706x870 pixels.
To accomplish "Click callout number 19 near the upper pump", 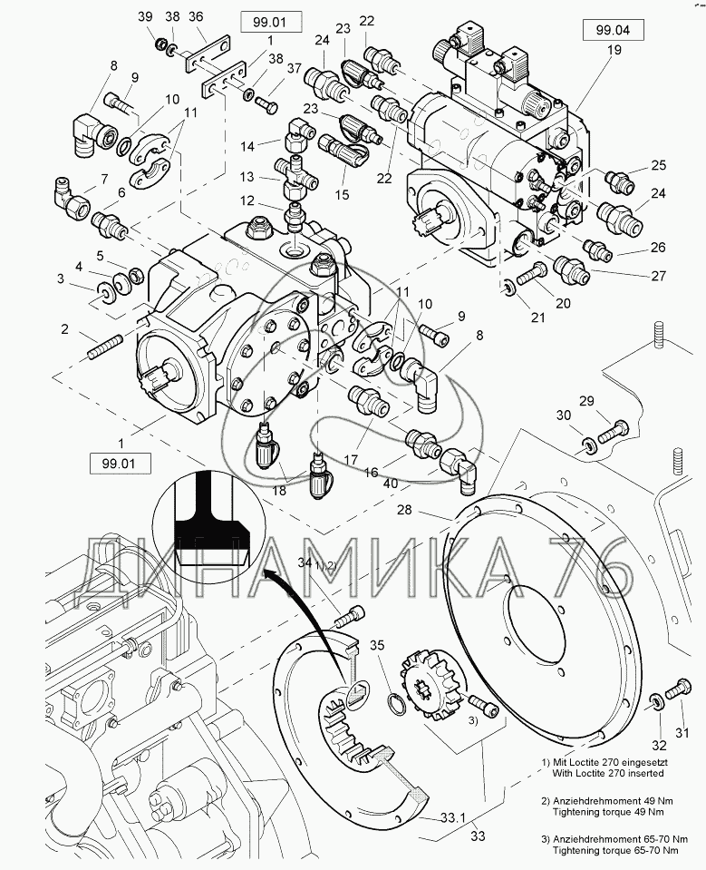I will tap(614, 51).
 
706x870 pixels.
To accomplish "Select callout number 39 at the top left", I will tap(145, 17).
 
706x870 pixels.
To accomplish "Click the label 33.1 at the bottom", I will tap(453, 817).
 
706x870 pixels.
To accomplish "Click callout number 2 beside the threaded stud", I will tap(65, 327).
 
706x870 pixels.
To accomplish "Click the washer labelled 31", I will tap(653, 700).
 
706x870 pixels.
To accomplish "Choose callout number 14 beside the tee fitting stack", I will tap(247, 145).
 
